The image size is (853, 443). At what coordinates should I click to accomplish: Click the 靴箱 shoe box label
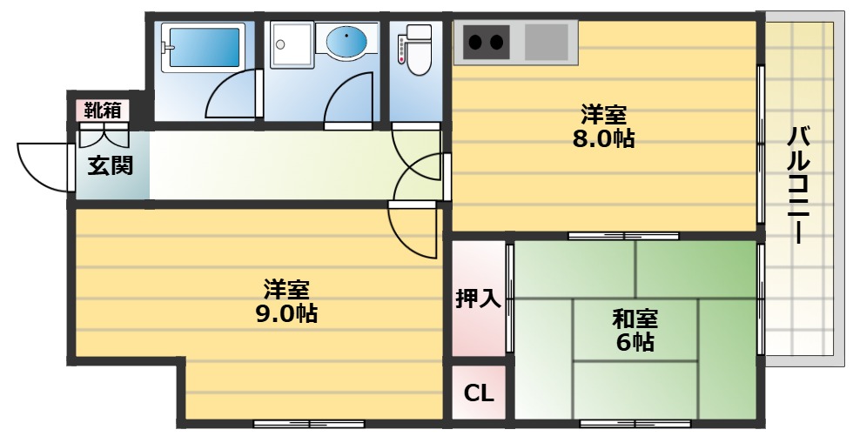[103, 111]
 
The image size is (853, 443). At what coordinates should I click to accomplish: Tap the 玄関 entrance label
[111, 164]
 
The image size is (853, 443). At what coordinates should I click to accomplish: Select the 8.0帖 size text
[603, 138]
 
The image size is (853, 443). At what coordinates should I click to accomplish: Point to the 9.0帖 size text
[286, 313]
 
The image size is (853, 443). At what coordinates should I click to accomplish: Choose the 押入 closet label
[478, 299]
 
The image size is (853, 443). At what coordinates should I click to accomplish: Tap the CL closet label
[478, 393]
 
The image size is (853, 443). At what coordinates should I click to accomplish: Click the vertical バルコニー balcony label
[801, 185]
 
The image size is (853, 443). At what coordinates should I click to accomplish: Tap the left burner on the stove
[475, 40]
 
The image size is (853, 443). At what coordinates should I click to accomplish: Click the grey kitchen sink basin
[546, 41]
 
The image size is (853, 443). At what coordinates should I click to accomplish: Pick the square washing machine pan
[289, 44]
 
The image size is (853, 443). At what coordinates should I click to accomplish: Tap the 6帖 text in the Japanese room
[635, 342]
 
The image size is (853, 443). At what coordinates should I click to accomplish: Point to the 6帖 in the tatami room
[635, 342]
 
